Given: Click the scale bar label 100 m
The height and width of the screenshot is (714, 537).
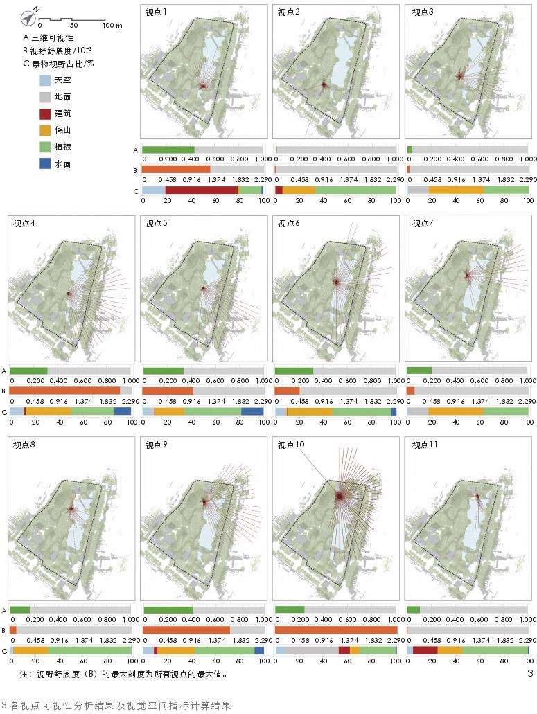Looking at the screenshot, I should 112,25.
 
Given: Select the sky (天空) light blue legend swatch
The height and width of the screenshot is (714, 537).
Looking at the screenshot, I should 46,80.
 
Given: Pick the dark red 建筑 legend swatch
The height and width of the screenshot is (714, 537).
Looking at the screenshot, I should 46,114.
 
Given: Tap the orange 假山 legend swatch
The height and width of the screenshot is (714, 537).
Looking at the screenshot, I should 46,130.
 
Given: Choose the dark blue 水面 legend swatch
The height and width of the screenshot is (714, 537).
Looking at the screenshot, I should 46,164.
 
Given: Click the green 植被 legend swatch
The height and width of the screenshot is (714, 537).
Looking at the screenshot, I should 46,147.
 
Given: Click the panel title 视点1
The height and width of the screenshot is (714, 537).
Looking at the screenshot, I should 157,12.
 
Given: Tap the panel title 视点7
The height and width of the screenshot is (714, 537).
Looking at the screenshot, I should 423,223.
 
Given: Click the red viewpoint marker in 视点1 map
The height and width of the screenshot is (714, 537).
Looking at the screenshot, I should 203,86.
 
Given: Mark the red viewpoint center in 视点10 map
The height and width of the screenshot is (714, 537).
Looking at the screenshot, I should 339,496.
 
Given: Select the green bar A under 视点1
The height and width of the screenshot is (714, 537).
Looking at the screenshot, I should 168,150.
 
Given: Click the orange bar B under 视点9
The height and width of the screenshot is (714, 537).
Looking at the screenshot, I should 186,630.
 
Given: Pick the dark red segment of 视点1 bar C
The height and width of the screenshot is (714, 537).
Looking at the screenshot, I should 202,190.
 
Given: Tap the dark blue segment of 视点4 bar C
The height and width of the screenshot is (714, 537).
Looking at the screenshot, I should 123,411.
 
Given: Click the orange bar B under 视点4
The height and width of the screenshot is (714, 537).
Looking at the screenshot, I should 65,391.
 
